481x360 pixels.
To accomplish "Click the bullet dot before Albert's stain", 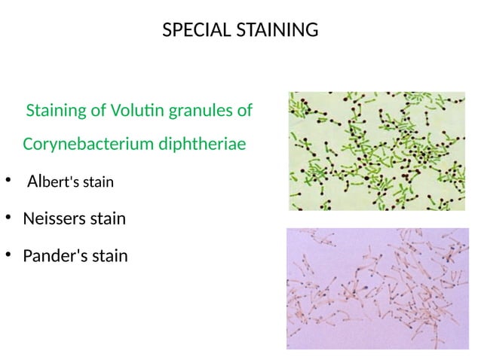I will [8, 181].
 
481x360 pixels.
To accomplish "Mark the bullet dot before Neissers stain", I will [8, 218].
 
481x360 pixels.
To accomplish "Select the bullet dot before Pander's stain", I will [8, 255].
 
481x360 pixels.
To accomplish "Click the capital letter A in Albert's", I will [32, 182].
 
